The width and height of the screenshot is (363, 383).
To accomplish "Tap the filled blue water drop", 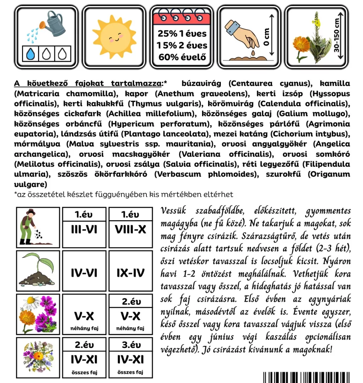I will [32, 54].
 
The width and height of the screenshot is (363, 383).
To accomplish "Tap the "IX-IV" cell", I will [130, 273].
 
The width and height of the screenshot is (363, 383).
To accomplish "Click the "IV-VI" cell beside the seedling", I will [84, 273].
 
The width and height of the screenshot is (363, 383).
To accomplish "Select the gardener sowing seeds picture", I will [38, 227].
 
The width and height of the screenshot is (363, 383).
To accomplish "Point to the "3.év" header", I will [130, 345].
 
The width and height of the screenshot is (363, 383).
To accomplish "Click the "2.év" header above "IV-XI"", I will [84, 345].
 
